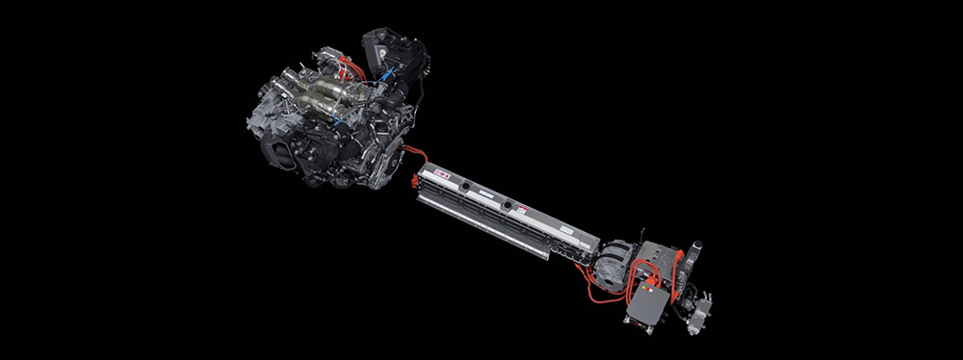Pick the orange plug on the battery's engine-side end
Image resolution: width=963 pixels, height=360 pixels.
416,178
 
